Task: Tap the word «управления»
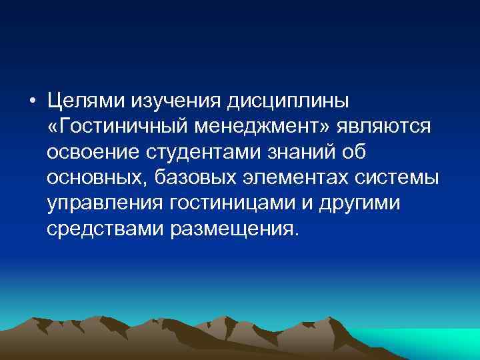[x=103, y=203]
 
